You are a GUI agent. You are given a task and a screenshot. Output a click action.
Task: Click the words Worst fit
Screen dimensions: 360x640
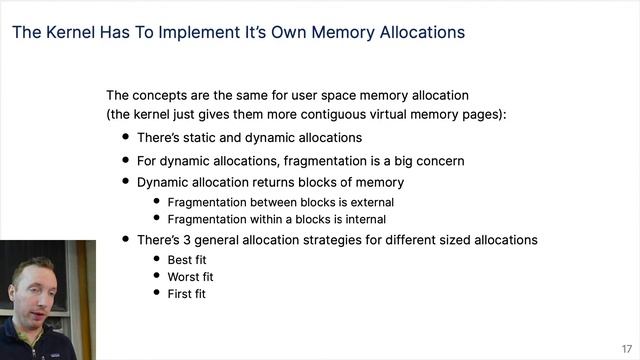tap(191, 276)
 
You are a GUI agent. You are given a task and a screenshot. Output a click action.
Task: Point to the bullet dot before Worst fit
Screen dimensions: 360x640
tap(157, 276)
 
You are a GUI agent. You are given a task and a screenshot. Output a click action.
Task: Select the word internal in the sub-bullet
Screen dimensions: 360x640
tap(362, 219)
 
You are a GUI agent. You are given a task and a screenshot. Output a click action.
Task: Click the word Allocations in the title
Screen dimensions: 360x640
tap(416, 32)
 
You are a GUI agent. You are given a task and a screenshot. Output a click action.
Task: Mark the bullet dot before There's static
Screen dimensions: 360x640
tap(126, 137)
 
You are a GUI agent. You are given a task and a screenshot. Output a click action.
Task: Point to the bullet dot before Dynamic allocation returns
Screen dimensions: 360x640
tap(126, 182)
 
